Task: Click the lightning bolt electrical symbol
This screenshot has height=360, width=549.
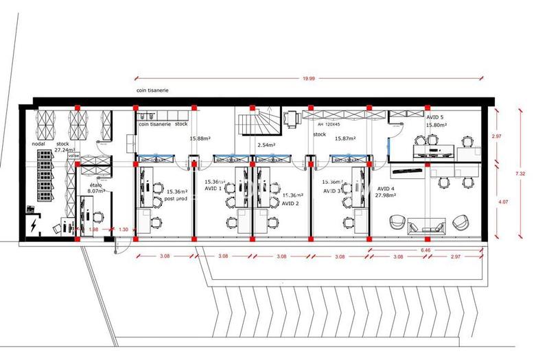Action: coord(33,226)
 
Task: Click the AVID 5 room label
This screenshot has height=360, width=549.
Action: coord(436,117)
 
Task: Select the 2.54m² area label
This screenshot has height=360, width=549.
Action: coord(267,145)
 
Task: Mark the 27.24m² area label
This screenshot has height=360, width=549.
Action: coord(65,149)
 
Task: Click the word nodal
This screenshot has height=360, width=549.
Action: coord(38,144)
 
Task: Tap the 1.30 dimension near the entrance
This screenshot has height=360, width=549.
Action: coord(124,229)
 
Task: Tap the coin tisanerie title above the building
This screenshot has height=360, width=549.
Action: coord(152,90)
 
